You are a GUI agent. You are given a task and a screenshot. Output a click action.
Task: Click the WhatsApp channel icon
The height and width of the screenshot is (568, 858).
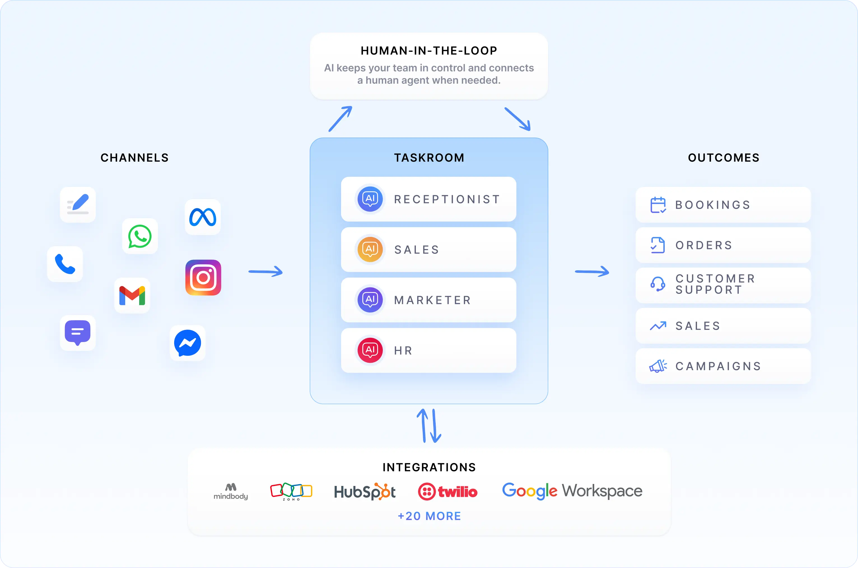[x=140, y=236]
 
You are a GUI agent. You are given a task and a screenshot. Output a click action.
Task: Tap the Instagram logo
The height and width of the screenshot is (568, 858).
[x=203, y=278]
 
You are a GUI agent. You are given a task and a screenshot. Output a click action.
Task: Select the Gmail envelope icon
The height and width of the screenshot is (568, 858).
[x=132, y=295]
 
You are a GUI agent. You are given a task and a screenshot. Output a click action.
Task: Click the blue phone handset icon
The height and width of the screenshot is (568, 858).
[x=65, y=264]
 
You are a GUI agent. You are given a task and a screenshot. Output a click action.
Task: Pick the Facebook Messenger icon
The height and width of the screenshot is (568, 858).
[x=188, y=343]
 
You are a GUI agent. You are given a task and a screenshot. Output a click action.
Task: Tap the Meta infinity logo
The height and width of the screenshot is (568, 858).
[x=203, y=217]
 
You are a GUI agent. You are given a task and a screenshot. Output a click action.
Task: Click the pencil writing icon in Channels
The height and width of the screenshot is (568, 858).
[x=78, y=205]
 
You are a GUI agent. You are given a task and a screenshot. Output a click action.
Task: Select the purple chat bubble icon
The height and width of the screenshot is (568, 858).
[x=78, y=332]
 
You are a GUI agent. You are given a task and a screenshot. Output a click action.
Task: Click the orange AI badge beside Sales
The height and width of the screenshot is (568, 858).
[x=370, y=249]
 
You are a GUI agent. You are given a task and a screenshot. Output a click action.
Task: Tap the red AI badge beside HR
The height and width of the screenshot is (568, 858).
[x=370, y=350]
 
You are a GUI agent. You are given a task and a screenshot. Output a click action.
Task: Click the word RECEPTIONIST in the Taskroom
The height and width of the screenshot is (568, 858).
[x=447, y=199]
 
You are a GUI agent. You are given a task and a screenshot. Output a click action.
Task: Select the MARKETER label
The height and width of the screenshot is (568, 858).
[x=432, y=300]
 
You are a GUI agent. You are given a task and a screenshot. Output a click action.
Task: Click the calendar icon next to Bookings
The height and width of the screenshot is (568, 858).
[x=658, y=205]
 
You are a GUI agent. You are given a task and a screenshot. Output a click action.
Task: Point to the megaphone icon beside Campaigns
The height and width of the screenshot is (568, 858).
[x=658, y=366]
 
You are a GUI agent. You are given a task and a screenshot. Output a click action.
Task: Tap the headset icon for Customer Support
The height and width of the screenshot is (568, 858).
[x=658, y=284]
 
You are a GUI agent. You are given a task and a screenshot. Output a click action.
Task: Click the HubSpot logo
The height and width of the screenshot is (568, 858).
[x=365, y=492]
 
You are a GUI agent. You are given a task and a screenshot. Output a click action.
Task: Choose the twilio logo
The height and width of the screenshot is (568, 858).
[x=448, y=492]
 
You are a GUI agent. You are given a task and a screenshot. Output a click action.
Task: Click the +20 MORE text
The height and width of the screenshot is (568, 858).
[x=429, y=516]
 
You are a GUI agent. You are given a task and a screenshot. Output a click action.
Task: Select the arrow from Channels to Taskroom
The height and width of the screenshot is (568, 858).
[x=265, y=271]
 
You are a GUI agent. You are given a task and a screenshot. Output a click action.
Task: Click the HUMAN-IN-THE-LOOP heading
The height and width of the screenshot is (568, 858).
[x=429, y=51]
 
